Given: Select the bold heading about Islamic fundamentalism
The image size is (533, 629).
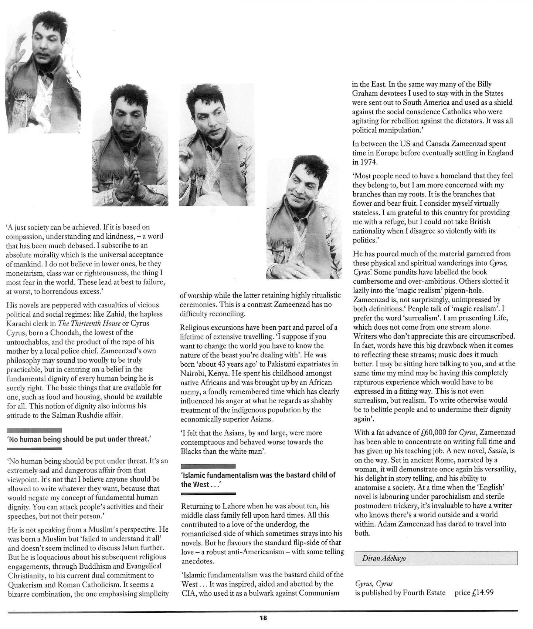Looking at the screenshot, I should tap(258, 480).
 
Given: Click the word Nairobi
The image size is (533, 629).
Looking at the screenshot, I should tap(193, 373).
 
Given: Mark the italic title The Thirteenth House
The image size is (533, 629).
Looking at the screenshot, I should tap(90, 323).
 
